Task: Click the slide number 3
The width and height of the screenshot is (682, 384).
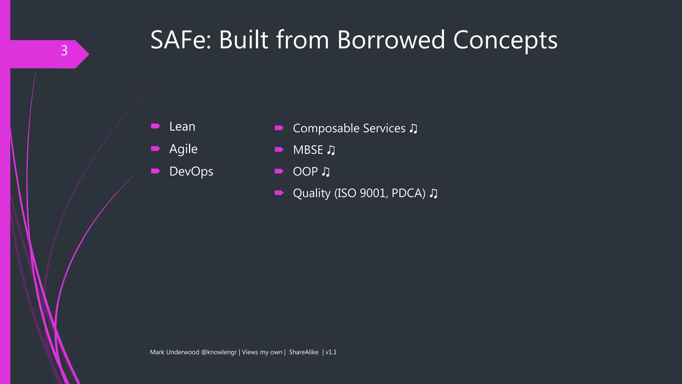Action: click(64, 51)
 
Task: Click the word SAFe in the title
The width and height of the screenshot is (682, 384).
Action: click(180, 40)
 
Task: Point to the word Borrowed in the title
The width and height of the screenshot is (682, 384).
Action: click(391, 40)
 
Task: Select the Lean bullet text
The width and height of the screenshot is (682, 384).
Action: click(182, 127)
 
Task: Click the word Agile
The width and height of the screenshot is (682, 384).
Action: click(183, 149)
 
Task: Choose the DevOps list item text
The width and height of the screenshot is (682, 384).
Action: click(191, 172)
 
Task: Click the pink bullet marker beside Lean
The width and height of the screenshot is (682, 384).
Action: click(156, 126)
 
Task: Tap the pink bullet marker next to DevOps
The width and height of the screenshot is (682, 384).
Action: click(156, 171)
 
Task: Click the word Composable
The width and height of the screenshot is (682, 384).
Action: click(326, 128)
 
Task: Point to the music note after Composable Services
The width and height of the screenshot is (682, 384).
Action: click(413, 128)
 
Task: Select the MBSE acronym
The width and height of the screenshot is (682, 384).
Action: click(308, 150)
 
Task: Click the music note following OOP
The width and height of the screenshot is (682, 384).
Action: click(326, 172)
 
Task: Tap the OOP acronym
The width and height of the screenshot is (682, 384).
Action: click(305, 172)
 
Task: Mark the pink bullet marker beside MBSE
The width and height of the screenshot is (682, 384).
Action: click(279, 149)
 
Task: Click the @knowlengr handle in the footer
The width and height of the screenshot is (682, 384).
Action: click(219, 352)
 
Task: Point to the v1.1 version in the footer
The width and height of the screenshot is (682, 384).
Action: click(331, 352)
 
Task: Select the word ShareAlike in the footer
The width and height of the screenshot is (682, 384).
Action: click(303, 352)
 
